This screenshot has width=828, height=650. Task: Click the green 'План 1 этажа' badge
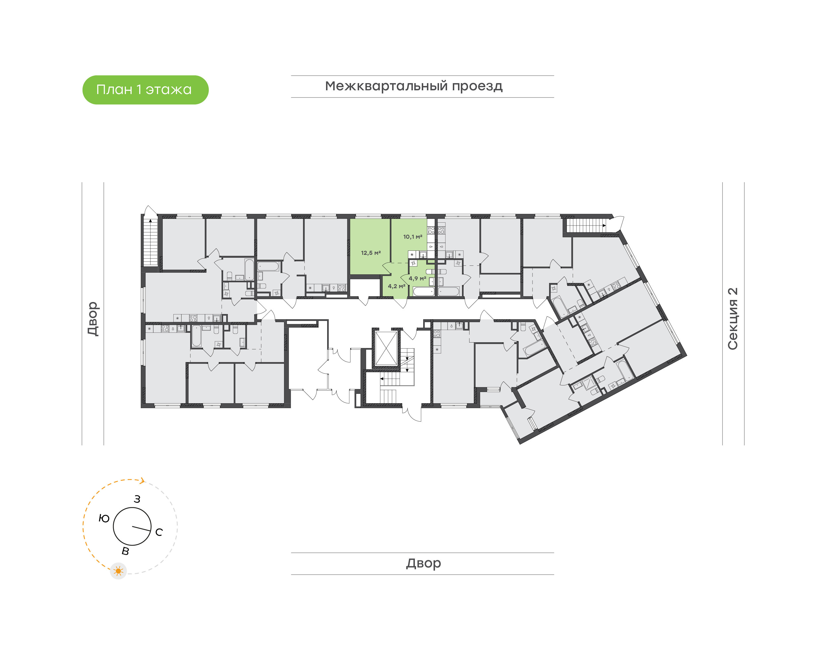pos(145,90)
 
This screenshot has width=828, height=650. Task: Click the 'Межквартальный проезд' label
pos(413,86)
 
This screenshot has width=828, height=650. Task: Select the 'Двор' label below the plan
pos(423,563)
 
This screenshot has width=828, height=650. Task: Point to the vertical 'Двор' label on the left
pos(93,319)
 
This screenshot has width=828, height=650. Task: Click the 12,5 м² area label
pos(371,253)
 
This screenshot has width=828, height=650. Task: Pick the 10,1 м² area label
pos(412,237)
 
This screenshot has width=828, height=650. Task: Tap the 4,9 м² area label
pos(417,279)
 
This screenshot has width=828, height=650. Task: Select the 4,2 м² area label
pos(396,286)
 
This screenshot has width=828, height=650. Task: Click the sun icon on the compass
pos(118,571)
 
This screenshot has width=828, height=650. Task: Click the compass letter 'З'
pos(137,499)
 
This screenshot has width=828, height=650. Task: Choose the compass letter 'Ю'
pos(104,518)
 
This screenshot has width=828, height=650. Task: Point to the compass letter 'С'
pos(159,532)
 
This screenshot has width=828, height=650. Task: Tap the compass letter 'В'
pos(125,551)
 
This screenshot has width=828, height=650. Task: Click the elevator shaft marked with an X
pos(386,348)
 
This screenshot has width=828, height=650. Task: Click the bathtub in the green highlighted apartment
pos(423,292)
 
